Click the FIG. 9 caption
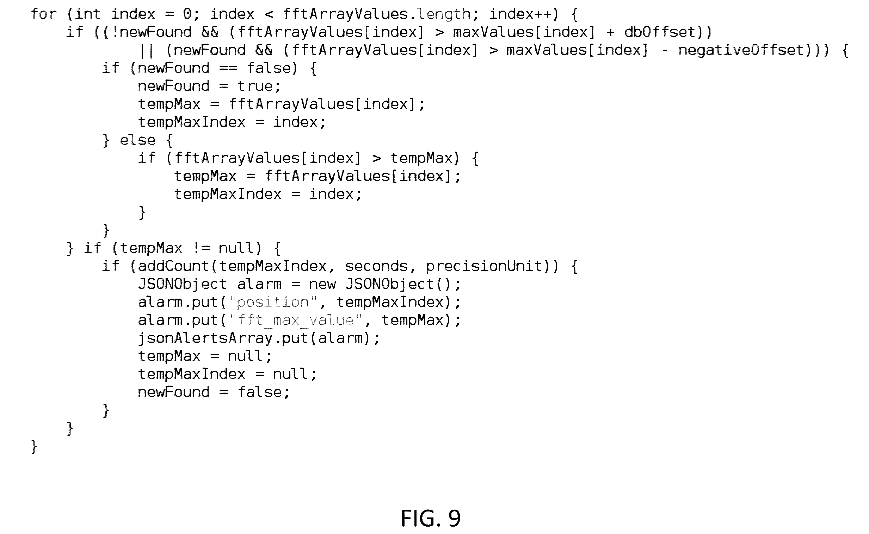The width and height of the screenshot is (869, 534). (430, 518)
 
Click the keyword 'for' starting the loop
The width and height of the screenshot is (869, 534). (44, 14)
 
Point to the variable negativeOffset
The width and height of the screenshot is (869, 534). (741, 50)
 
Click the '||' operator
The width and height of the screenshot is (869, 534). (147, 51)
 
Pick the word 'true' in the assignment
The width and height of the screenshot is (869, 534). (255, 86)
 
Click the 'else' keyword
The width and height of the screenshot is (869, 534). (137, 140)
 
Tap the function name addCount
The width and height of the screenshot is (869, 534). (173, 266)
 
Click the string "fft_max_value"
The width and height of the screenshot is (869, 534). (295, 320)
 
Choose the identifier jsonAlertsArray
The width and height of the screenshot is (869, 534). (205, 338)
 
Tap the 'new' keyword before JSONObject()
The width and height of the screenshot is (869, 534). (322, 284)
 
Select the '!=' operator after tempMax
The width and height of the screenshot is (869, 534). (201, 248)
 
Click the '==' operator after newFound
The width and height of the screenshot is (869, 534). (228, 68)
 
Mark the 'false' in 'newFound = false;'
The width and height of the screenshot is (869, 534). (259, 392)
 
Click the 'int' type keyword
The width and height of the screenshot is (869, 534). (88, 14)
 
